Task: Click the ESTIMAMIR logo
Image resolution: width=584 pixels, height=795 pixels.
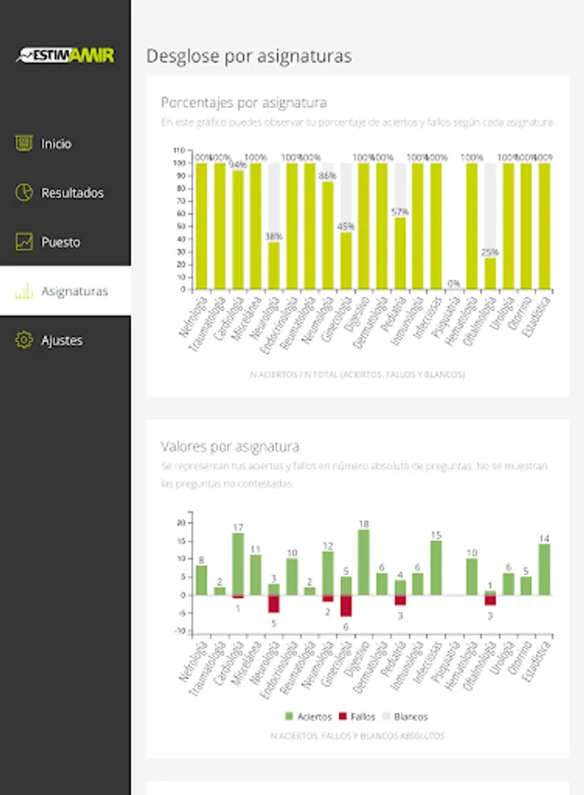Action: pos(65,55)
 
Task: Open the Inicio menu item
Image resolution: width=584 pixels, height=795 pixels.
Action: pos(56,143)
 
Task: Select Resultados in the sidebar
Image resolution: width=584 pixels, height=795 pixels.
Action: pos(72,193)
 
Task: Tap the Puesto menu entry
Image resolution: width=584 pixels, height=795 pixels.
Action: pos(60,242)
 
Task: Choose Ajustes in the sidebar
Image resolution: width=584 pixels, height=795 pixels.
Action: pos(62,340)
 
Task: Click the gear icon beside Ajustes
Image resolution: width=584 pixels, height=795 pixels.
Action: pos(25,340)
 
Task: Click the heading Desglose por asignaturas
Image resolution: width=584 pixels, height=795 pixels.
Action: pos(248,57)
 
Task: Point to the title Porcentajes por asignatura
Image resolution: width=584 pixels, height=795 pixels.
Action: pos(244,102)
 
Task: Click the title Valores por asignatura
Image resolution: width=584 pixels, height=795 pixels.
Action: pos(230,446)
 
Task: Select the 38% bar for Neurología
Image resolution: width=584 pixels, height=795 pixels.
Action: pos(274,265)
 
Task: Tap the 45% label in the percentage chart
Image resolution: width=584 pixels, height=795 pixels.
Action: pos(345,225)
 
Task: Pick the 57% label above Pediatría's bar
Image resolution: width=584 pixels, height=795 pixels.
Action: pos(400,212)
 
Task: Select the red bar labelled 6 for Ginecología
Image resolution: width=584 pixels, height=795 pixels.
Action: pos(345,605)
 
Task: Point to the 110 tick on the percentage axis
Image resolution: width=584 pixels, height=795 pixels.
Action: pos(178,150)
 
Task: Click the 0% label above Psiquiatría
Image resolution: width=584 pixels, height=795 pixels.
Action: pos(454,284)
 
